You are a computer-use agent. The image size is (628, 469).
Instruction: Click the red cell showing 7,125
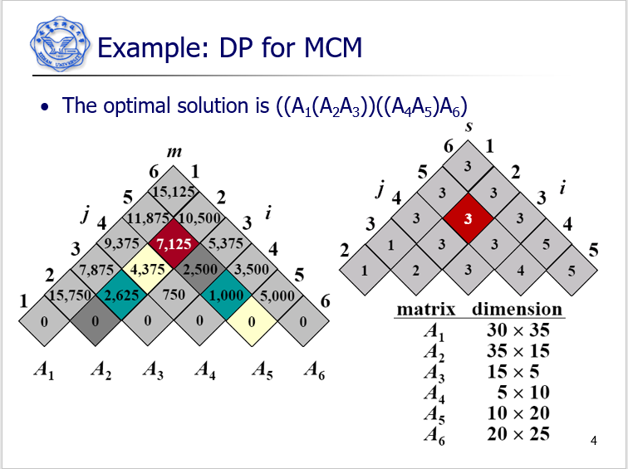point(174,244)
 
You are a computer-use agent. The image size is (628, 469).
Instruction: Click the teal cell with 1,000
point(225,295)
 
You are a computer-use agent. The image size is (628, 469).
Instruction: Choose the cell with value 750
point(174,295)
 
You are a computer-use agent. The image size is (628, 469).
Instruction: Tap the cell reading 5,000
point(276,295)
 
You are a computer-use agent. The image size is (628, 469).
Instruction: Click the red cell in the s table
point(468,220)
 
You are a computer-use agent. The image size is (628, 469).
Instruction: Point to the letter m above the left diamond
point(174,153)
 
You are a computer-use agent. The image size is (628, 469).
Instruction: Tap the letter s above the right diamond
point(468,127)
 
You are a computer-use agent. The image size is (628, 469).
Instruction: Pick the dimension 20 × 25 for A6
point(518,433)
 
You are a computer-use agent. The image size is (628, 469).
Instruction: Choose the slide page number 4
point(593,441)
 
